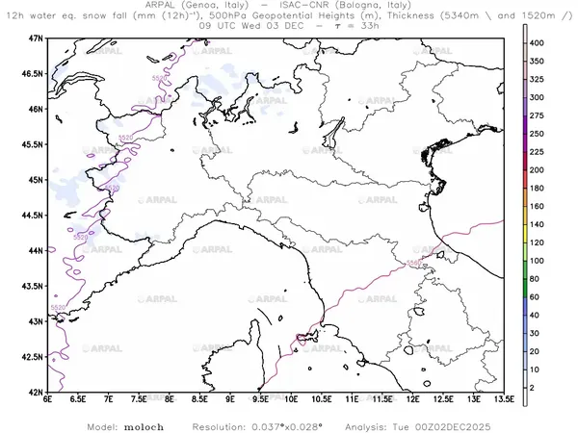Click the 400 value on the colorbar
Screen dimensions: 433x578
pos(542,43)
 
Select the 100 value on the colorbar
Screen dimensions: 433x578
pos(542,260)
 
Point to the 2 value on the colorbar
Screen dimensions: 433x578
pos(539,387)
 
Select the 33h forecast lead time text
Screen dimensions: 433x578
pos(369,26)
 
